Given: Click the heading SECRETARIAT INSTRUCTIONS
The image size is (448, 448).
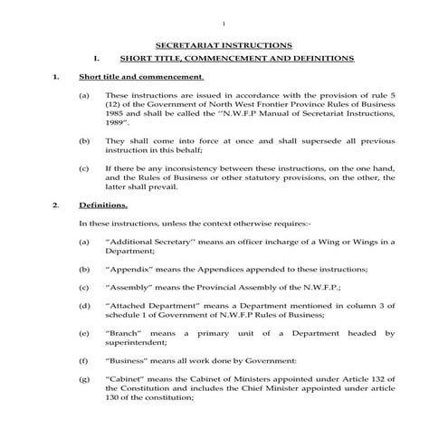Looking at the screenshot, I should click(224, 44).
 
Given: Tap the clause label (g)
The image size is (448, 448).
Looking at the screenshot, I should click(84, 378).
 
